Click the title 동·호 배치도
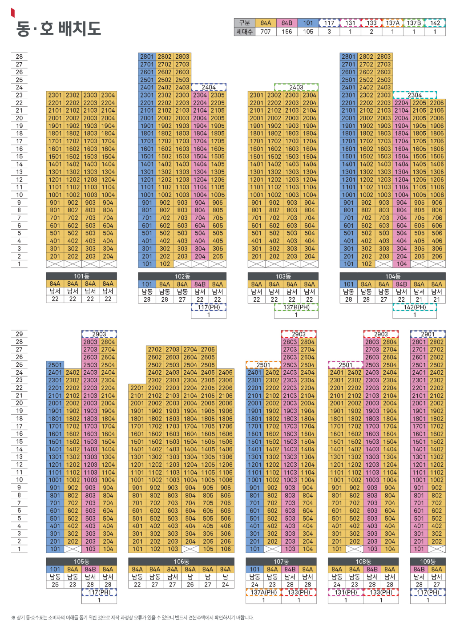(x=58, y=28)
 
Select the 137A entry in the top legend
(x=392, y=23)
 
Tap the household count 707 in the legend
(x=266, y=32)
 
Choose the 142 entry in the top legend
(x=435, y=23)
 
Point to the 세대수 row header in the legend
(x=244, y=32)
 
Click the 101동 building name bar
(x=81, y=276)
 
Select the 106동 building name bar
(x=181, y=562)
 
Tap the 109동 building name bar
(x=428, y=562)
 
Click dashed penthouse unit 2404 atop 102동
(x=209, y=87)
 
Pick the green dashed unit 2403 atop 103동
(x=296, y=87)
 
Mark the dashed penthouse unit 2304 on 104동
(x=415, y=95)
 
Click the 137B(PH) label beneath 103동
(x=296, y=307)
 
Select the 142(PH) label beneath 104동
(x=415, y=307)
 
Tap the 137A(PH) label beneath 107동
(x=263, y=592)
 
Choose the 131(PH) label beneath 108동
(x=346, y=592)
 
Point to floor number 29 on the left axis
(x=19, y=334)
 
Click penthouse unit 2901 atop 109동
(x=428, y=334)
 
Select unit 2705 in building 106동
(x=208, y=349)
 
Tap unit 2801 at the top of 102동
(x=147, y=57)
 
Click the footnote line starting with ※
(x=132, y=618)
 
